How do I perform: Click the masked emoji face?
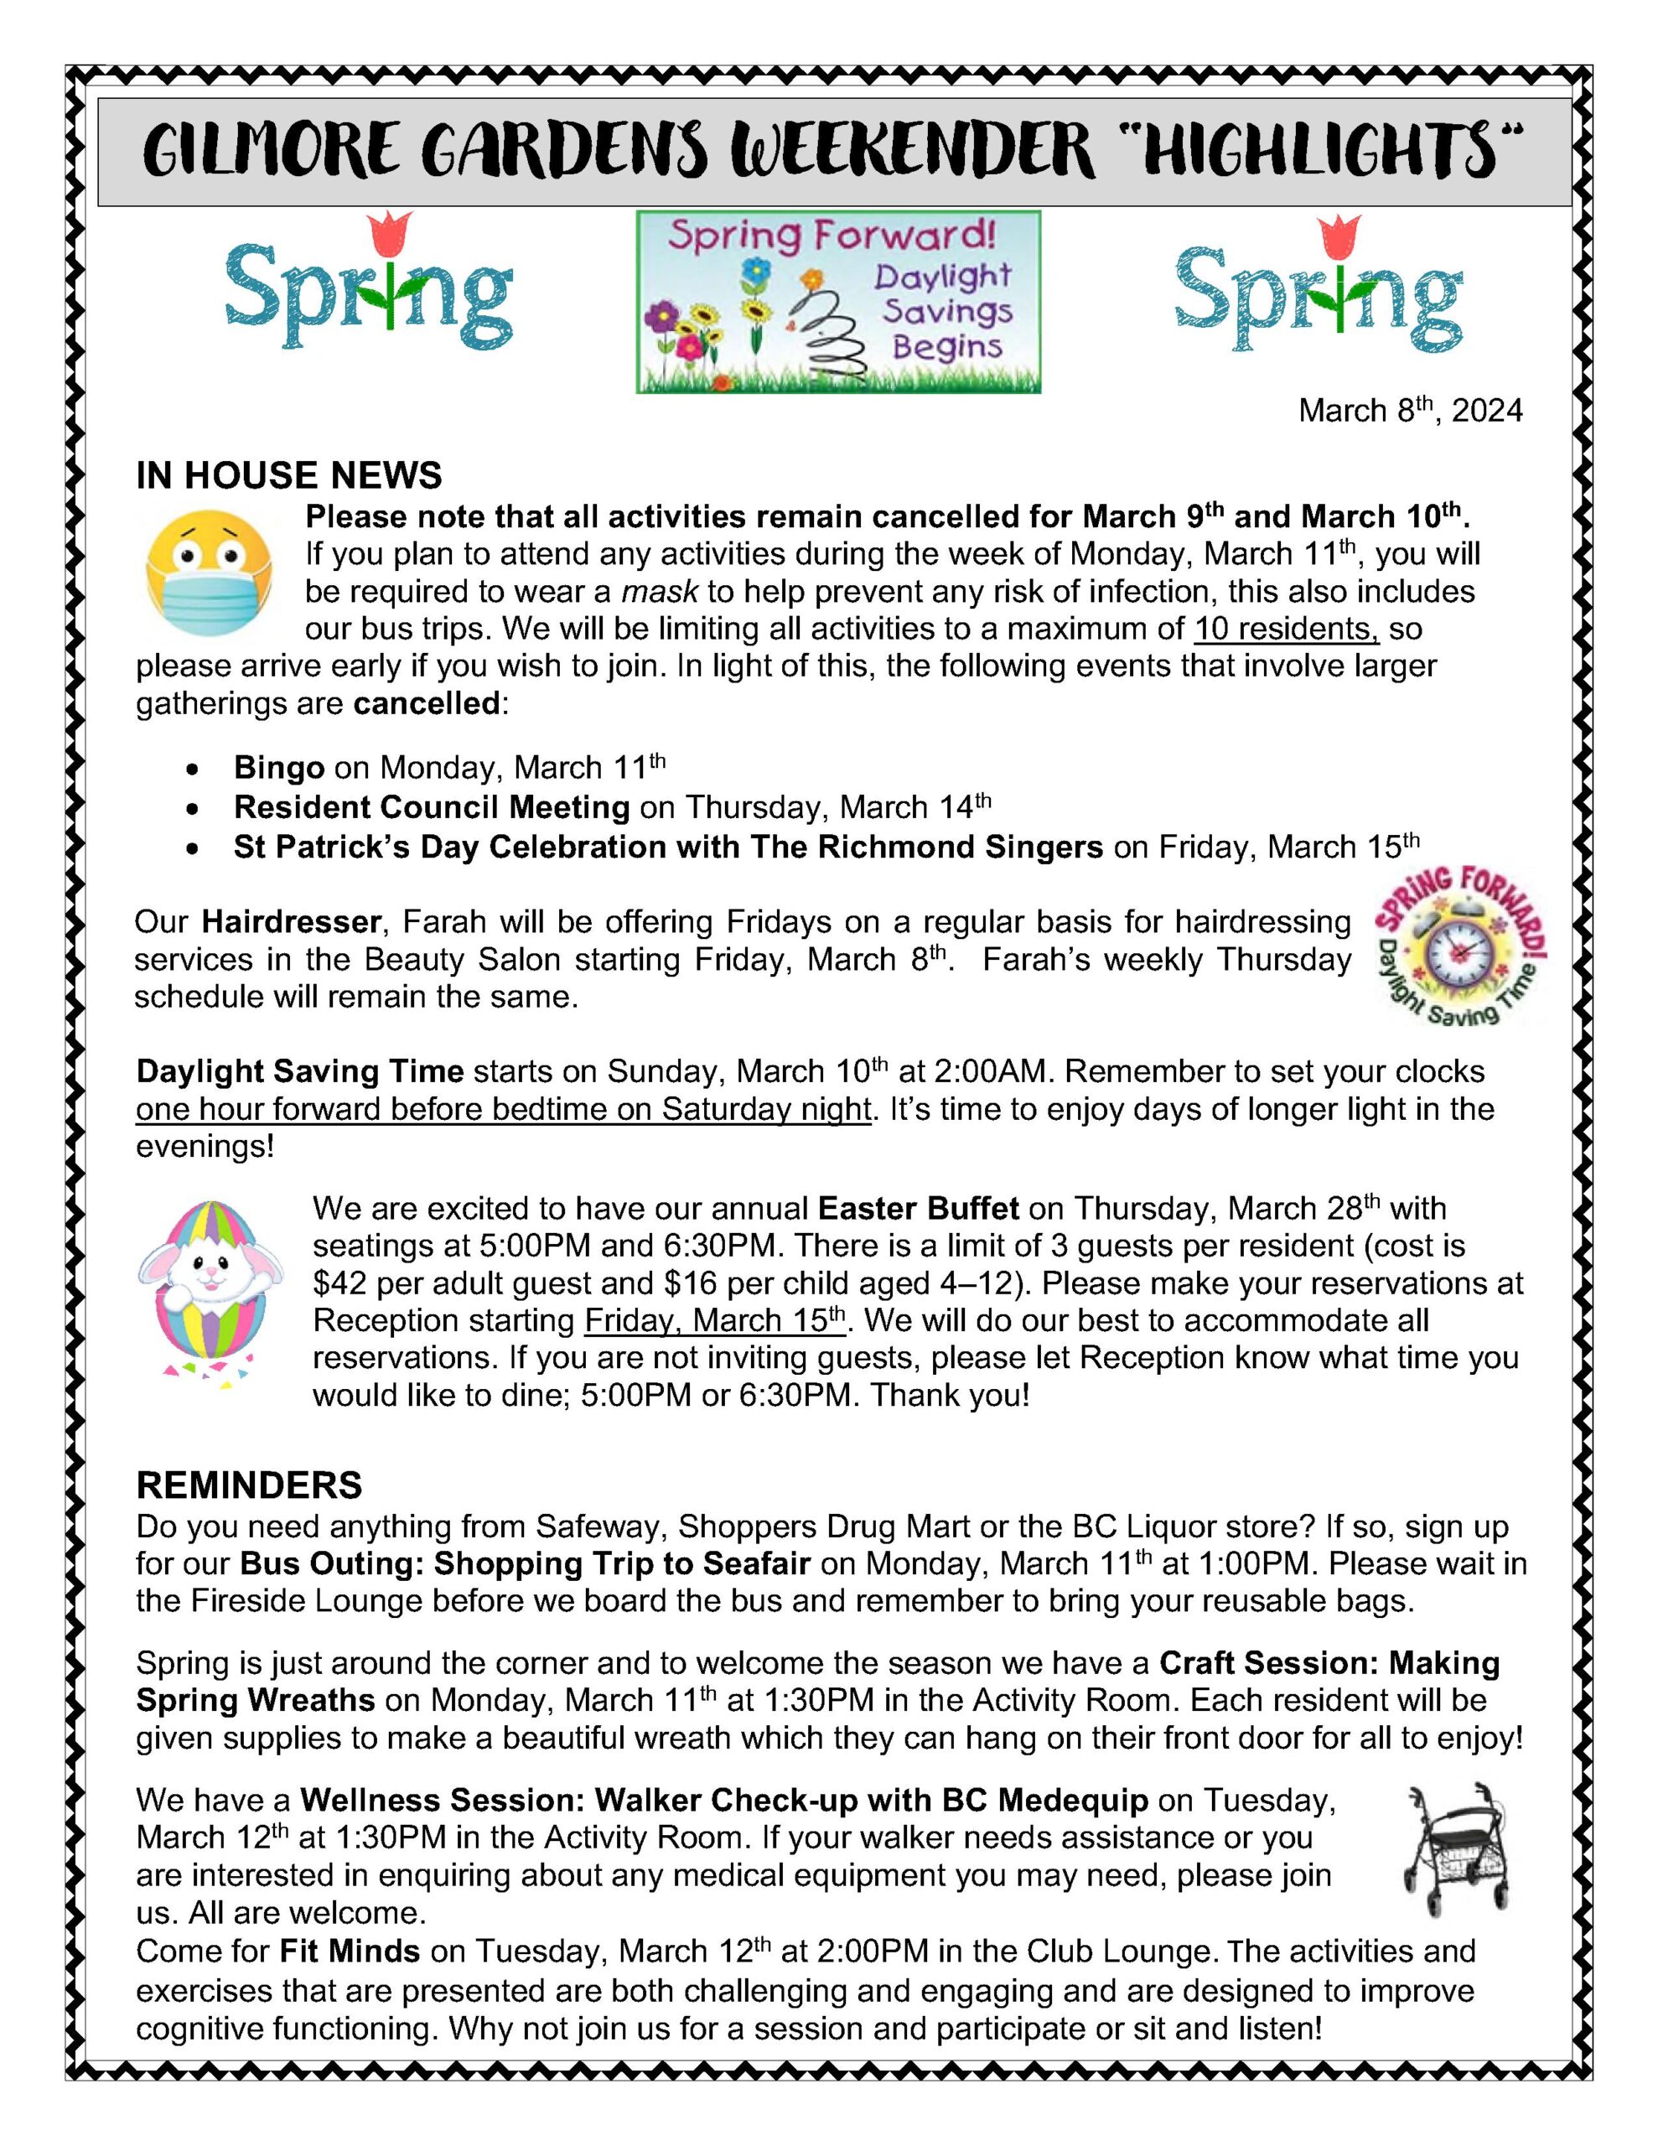tap(209, 573)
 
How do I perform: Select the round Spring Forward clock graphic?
tap(1459, 946)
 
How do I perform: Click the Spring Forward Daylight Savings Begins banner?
tap(837, 302)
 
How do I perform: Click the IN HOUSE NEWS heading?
tap(289, 475)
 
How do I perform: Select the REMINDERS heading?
tap(249, 1485)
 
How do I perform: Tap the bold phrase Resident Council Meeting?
tap(432, 808)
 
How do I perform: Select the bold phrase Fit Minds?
tap(350, 1951)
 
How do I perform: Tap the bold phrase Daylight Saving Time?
tap(300, 1071)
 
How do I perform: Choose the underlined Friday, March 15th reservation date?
tap(714, 1320)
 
